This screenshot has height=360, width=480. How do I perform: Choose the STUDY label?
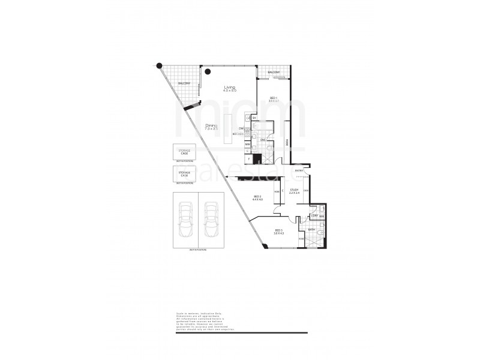click(x=294, y=191)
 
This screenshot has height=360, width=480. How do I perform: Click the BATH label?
click(x=312, y=229)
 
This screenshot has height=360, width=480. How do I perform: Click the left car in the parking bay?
click(x=186, y=219)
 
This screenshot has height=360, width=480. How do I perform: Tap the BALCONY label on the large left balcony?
click(x=184, y=83)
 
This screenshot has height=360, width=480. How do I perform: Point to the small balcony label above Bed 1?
click(x=274, y=73)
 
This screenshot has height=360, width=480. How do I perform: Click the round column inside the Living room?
click(x=208, y=71)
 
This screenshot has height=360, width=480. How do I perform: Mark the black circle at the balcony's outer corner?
click(x=159, y=66)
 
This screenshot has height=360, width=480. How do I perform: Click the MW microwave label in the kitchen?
click(x=247, y=144)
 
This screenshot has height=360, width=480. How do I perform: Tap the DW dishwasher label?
click(x=241, y=128)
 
